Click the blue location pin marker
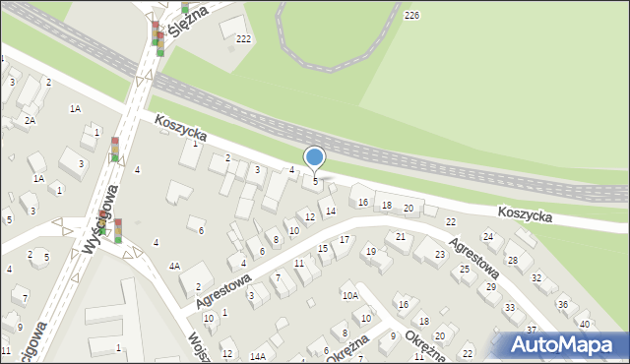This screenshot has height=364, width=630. [x=315, y=157]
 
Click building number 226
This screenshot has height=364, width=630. [x=411, y=15]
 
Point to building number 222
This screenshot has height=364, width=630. [x=244, y=38]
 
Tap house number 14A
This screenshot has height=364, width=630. [x=258, y=356]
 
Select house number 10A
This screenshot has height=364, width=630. [x=349, y=295]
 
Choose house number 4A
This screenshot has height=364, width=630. [x=174, y=266]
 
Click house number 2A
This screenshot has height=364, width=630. [x=31, y=120]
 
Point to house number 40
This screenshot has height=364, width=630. [x=584, y=324]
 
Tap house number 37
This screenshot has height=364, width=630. [x=532, y=330]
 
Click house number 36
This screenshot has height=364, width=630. [x=563, y=305]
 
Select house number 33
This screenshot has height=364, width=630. [x=510, y=308]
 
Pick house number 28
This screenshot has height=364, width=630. [x=512, y=260]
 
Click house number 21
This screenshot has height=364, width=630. [x=401, y=237]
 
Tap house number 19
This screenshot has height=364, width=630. [x=371, y=252]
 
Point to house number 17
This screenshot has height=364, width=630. [x=345, y=240]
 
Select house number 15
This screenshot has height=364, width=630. [x=323, y=249]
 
